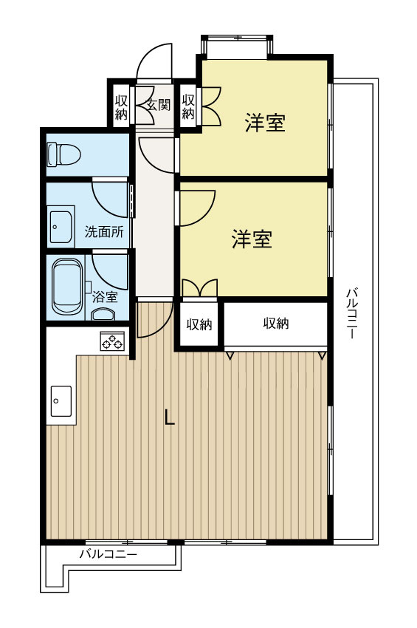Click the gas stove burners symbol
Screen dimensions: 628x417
pyautogui.click(x=112, y=341)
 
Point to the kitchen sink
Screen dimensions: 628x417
pyautogui.click(x=61, y=403)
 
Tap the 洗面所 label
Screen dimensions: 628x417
pyautogui.click(x=103, y=231)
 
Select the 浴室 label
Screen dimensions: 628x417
pyautogui.click(x=104, y=297)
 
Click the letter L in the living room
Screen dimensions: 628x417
pyautogui.click(x=169, y=417)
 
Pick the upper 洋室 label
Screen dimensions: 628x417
pyautogui.click(x=265, y=123)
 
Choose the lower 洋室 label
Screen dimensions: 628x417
pyautogui.click(x=252, y=239)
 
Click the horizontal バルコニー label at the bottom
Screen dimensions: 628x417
pyautogui.click(x=108, y=553)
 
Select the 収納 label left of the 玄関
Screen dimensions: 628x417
pyautogui.click(x=121, y=106)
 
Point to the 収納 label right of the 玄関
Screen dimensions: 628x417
pyautogui.click(x=187, y=106)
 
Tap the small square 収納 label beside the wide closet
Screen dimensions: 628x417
pyautogui.click(x=199, y=324)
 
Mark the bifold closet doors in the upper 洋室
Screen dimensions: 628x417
pyautogui.click(x=208, y=106)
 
